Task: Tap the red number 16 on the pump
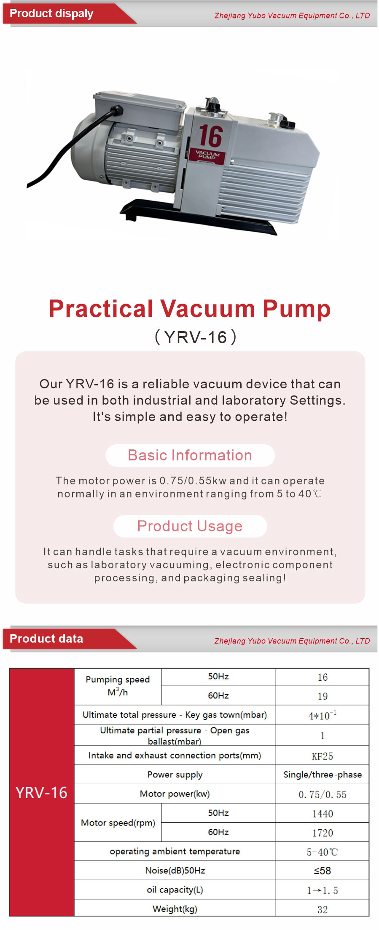210,136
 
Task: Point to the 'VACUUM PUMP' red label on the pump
208,155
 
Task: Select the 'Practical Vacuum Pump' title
190,309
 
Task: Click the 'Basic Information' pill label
190,455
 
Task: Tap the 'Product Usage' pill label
190,526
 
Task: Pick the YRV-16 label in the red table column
41,793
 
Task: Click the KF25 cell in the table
323,756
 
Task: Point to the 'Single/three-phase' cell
323,775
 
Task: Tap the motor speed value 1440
323,814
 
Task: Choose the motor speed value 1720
323,833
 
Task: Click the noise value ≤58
323,871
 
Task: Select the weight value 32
323,910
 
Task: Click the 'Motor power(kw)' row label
175,794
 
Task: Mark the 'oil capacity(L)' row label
175,890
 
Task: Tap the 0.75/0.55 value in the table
323,795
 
